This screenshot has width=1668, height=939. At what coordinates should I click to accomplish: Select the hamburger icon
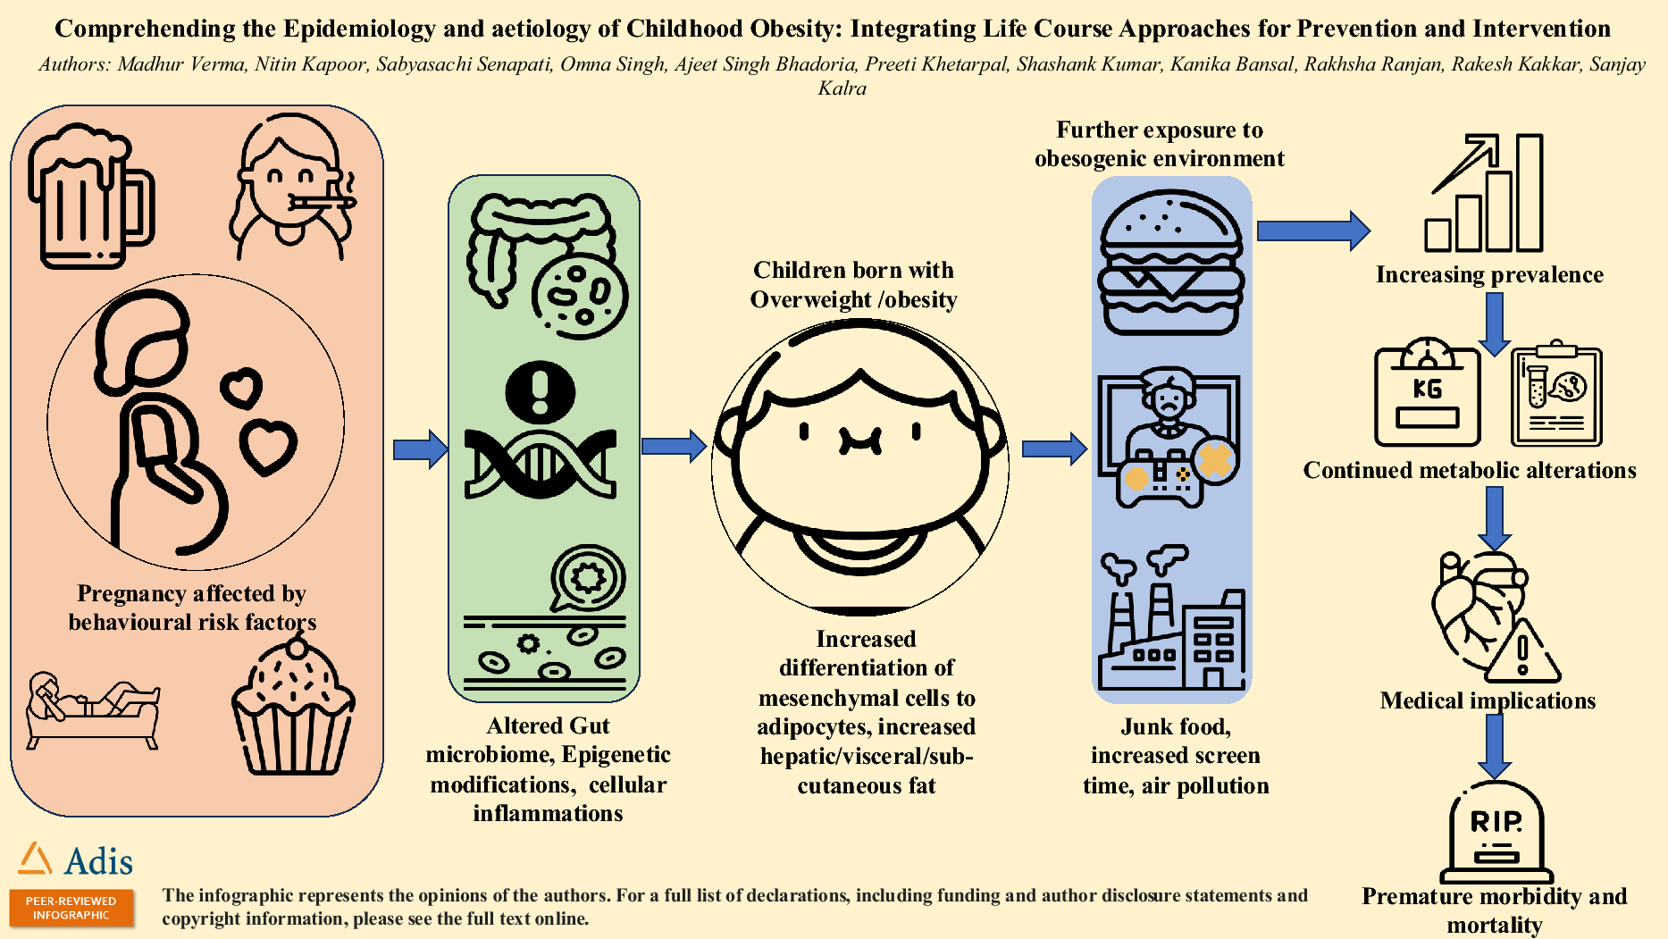1170,263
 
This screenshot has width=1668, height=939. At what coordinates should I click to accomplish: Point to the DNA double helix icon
541,464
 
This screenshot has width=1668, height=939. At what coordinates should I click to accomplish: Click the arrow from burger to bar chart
1312,231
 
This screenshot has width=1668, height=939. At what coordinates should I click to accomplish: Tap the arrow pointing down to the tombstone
1494,746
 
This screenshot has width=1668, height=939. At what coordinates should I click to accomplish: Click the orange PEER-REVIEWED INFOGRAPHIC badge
71,908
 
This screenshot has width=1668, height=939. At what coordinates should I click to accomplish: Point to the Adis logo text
99,861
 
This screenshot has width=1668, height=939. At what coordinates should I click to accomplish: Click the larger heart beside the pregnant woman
268,446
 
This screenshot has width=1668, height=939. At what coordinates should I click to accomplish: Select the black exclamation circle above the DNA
540,392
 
